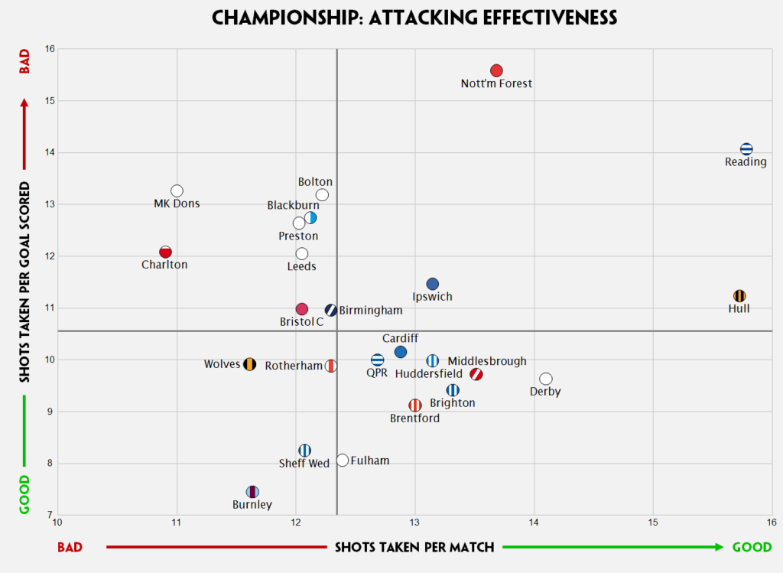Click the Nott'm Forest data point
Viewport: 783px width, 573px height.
tap(496, 70)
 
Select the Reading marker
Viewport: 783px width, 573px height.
tap(746, 149)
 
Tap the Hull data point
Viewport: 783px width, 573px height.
tap(739, 296)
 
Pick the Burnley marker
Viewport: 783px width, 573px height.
tap(252, 492)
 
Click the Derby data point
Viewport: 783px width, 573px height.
tap(545, 379)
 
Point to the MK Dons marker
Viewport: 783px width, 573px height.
tap(177, 190)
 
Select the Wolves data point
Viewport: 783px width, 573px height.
tap(249, 364)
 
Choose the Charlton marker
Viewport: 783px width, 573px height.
tap(165, 252)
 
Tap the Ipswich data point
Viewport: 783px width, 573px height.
tap(433, 284)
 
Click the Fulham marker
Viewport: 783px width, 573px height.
tap(343, 460)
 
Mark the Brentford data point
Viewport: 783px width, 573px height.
tap(415, 405)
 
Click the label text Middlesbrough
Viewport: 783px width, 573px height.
tap(487, 361)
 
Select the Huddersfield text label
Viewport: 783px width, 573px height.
tap(428, 374)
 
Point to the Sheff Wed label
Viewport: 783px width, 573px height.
tap(304, 464)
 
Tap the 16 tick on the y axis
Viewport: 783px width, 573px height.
tap(50, 49)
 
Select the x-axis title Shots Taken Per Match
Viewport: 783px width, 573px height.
tap(414, 547)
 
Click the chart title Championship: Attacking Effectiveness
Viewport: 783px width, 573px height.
tap(414, 17)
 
